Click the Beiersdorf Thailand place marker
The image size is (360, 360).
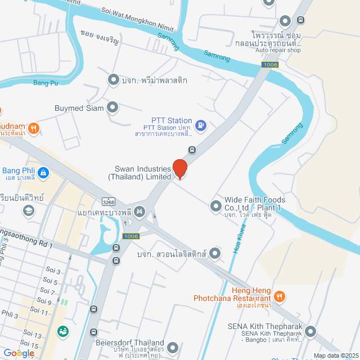coord(173,348)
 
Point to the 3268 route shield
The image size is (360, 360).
coord(109,201)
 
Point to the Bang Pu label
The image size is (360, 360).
coord(46,84)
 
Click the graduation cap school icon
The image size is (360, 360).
coord(28,210)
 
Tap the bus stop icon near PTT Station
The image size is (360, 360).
coord(192,150)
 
